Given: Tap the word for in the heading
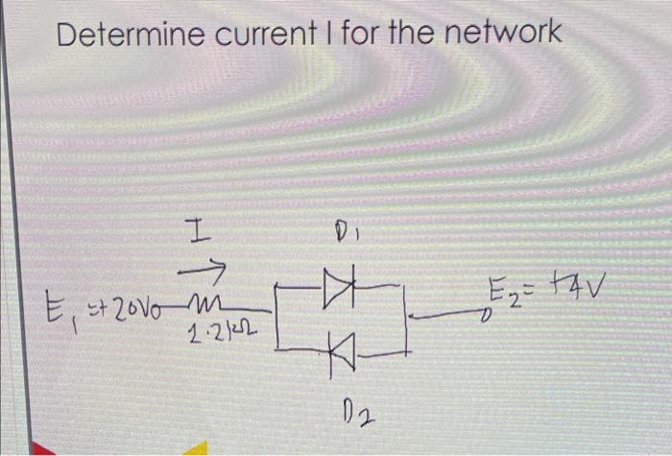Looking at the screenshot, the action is [366, 36].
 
